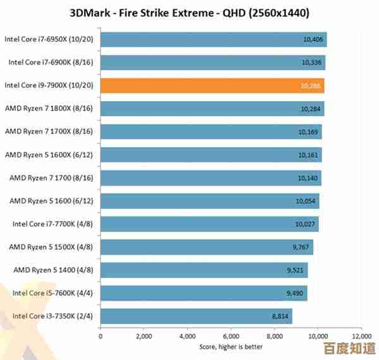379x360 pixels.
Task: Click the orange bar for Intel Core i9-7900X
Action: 212,85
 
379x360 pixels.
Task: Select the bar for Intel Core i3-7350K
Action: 196,316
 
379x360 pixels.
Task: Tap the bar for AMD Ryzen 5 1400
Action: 203,270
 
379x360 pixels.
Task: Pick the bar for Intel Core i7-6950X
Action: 213,39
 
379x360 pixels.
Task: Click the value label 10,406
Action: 313,39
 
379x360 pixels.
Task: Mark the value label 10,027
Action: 305,224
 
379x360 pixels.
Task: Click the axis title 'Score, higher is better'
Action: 231,346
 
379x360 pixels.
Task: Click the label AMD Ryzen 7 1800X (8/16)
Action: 49,109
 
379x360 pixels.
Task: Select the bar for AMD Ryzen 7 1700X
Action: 210,131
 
